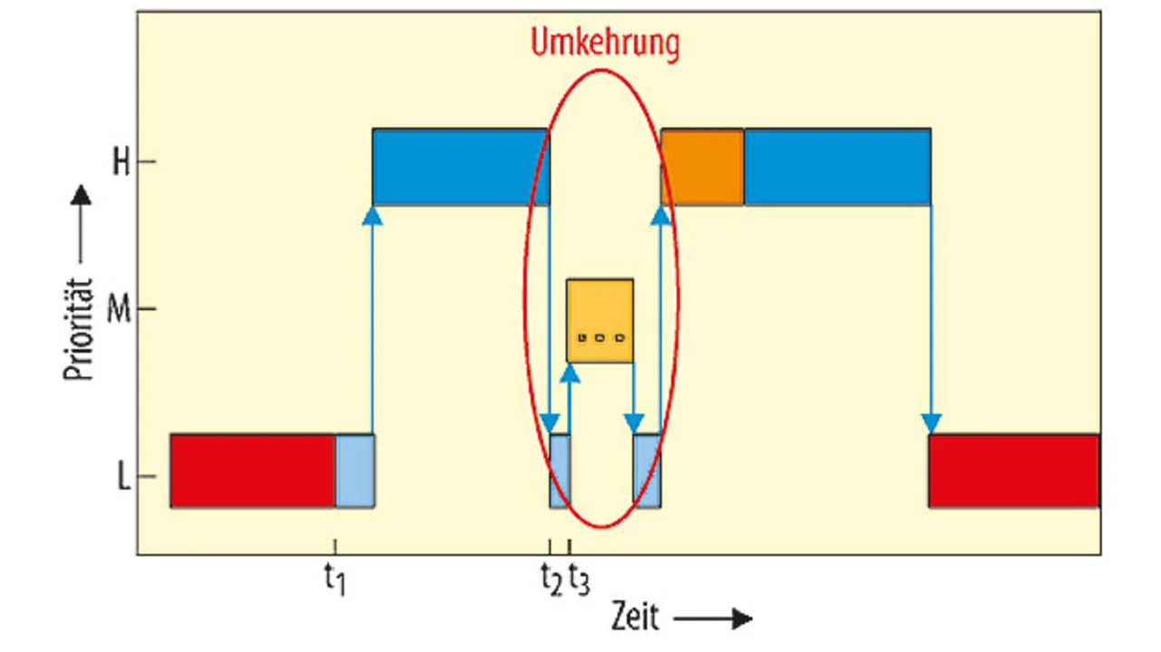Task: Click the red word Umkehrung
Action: point(604,44)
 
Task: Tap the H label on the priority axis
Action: point(121,162)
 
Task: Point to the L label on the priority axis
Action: point(123,477)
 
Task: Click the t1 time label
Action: point(336,579)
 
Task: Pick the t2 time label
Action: point(551,579)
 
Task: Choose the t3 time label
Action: point(578,579)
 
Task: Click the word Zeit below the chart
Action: point(634,618)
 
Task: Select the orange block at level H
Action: point(703,167)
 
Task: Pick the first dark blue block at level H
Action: point(461,167)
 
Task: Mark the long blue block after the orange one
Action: point(837,167)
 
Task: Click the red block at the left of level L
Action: point(253,471)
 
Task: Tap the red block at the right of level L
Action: point(1014,471)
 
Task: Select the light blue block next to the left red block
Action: point(355,471)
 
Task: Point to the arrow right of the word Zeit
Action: point(713,619)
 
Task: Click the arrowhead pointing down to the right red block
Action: point(931,423)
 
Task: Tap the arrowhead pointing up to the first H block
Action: point(372,215)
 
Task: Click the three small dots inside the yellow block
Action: point(600,338)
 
